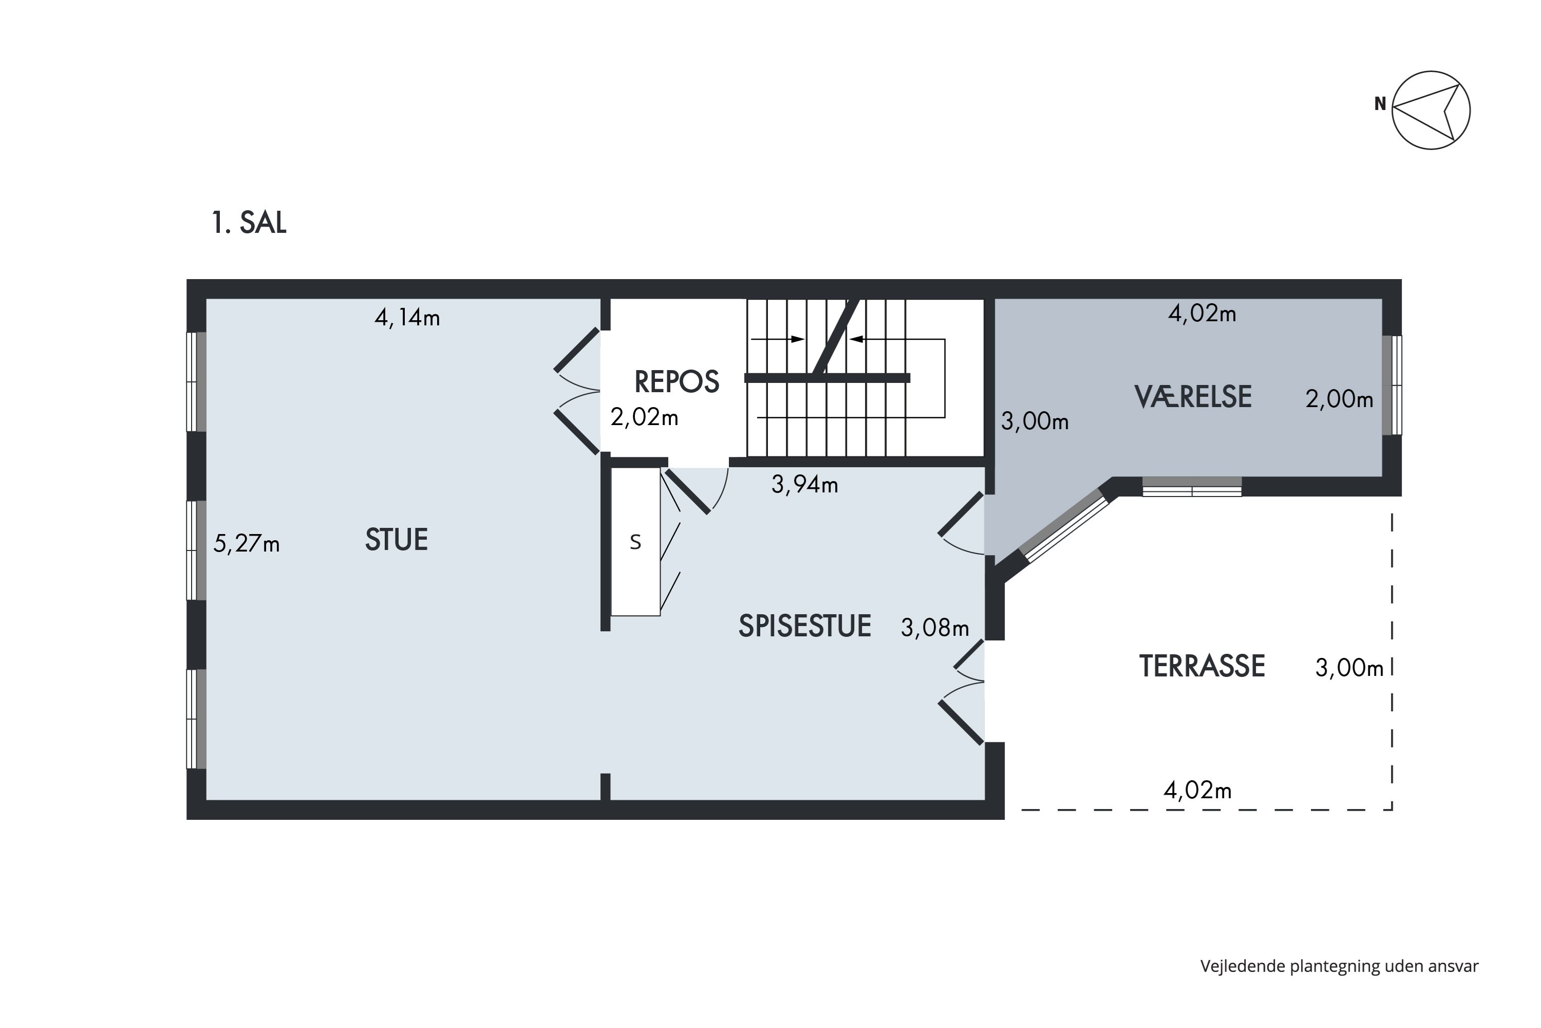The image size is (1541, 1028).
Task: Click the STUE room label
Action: [397, 540]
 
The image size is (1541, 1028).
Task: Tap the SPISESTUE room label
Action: [804, 626]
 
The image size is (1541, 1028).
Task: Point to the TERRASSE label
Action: [1202, 666]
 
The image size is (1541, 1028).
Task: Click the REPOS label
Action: [677, 381]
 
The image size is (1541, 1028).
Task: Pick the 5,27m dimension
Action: [247, 543]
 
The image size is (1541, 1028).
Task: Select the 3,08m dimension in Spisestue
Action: [935, 628]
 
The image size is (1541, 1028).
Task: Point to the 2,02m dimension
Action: [644, 417]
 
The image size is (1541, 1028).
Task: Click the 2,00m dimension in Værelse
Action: [1339, 399]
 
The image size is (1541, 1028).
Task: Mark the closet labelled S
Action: [635, 542]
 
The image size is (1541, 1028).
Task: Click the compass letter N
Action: [1380, 104]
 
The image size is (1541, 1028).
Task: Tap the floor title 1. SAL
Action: [249, 223]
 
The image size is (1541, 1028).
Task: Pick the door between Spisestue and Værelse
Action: [962, 524]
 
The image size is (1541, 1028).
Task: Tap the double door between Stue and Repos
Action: [577, 391]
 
